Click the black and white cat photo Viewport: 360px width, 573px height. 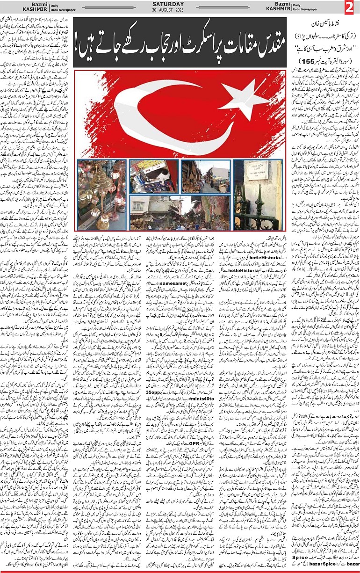152,176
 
